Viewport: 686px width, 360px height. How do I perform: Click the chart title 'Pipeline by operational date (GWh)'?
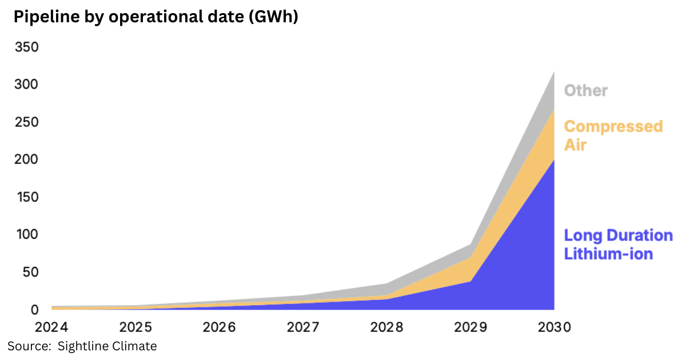pyautogui.click(x=155, y=18)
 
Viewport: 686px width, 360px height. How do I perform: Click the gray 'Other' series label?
pyautogui.click(x=586, y=90)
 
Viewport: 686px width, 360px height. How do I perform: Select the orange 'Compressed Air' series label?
pyautogui.click(x=613, y=135)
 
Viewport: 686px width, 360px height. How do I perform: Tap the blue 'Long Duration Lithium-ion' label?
pyautogui.click(x=618, y=245)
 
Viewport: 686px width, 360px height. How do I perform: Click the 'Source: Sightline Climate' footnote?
pyautogui.click(x=82, y=346)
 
